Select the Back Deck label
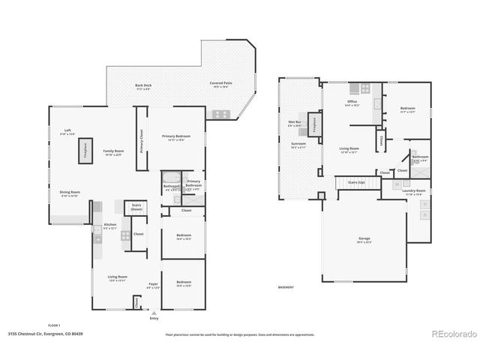point(142,85)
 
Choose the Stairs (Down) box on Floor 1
point(137,208)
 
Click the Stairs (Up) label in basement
point(357,181)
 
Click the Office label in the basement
point(352,101)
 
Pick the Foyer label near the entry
point(153,283)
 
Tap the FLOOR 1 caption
point(54,325)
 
